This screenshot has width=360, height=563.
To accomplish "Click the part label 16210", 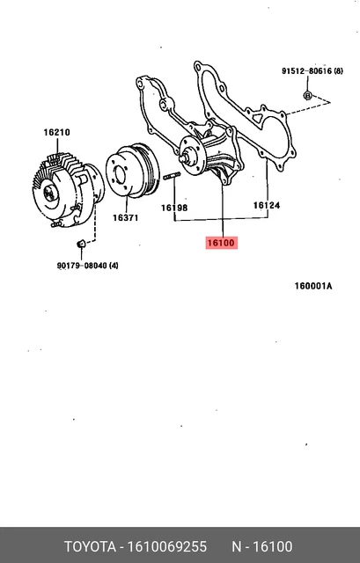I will tap(57, 133).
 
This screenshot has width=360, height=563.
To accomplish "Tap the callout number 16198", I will tap(174, 208).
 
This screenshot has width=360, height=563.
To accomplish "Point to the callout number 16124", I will tap(267, 206).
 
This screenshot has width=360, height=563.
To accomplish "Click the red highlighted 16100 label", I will tap(221, 242).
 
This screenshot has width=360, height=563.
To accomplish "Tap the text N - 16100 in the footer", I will tap(262, 546).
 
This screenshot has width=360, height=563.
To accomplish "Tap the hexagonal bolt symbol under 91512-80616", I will tap(307, 93).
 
